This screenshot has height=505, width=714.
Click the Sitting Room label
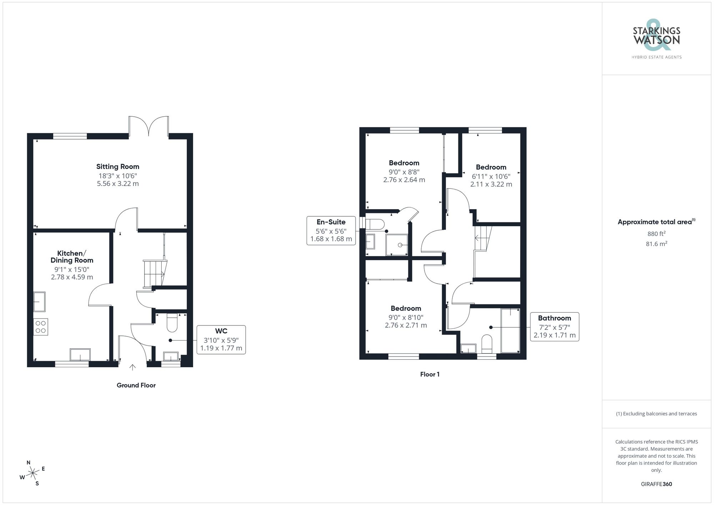coord(117,167)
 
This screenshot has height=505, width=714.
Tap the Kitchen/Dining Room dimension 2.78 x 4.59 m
coord(72,277)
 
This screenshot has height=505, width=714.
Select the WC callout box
coord(221,339)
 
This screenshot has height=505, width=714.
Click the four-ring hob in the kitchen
coord(41,327)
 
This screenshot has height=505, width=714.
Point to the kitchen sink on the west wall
coord(39,302)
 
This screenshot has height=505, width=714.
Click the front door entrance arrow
coord(132,367)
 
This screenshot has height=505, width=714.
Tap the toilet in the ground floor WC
coord(172,322)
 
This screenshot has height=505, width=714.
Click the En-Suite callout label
coord(331,222)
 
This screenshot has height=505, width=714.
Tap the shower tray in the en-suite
coord(397,245)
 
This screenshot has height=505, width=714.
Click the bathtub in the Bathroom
coord(510,330)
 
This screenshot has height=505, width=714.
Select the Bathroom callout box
coord(554,327)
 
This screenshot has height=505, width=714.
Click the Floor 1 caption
coord(430,374)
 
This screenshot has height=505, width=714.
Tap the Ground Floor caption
coord(136,385)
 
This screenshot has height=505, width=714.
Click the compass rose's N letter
coord(29,463)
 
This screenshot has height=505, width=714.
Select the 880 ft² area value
coord(656,234)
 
